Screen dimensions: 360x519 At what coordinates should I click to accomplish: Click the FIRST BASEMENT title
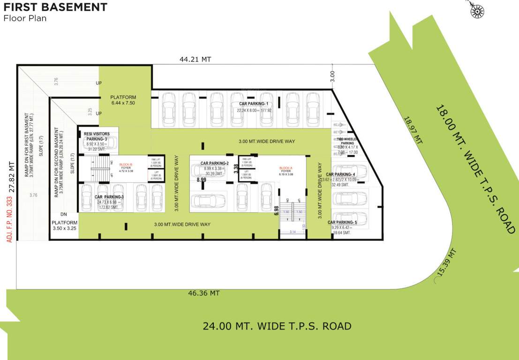point(55,7)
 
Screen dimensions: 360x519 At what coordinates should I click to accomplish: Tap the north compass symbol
point(477,10)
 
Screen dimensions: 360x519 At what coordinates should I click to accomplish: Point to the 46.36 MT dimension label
point(204,293)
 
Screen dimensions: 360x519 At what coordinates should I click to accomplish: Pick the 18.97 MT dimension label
point(414,130)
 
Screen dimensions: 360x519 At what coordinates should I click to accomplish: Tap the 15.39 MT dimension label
point(446,262)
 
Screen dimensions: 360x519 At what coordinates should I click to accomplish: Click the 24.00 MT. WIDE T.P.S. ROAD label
point(277,326)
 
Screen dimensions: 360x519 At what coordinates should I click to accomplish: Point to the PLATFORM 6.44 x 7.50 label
point(123,100)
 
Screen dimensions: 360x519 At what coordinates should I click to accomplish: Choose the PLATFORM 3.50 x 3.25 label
point(64,225)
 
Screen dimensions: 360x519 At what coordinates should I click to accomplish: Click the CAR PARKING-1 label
point(254,104)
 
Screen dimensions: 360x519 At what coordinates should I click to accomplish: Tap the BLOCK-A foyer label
point(286,170)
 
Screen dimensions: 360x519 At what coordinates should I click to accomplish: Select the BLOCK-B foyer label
point(126,167)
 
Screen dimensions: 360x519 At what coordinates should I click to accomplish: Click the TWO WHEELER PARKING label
point(347,141)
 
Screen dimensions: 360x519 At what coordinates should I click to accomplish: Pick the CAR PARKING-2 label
point(214,164)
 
